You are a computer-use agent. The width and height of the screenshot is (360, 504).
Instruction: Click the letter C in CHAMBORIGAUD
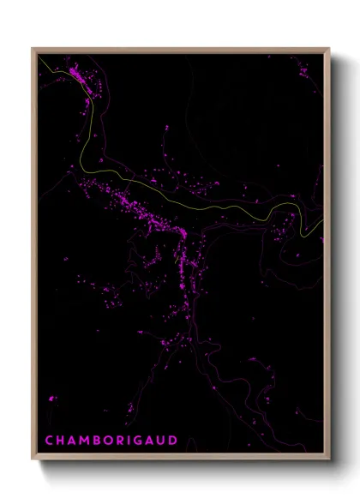[49, 441]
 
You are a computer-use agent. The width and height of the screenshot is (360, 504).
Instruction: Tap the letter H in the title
[61, 441]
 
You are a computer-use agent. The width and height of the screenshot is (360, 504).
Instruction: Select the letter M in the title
[86, 441]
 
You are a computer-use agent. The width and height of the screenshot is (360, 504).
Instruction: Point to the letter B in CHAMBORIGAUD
[99, 441]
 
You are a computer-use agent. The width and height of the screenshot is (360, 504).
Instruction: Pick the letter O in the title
[111, 441]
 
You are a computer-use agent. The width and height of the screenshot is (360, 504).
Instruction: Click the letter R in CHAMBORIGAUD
[123, 441]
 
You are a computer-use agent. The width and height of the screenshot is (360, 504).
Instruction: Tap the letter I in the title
[133, 441]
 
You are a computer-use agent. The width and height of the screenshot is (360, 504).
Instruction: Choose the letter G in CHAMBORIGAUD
[143, 441]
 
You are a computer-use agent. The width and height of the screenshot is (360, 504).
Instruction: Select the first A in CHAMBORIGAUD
[73, 441]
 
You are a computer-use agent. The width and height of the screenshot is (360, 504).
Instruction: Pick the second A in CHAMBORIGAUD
[155, 441]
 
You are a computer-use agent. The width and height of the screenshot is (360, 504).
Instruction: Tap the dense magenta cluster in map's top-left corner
[77, 75]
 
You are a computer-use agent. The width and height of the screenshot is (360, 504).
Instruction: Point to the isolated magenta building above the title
[52, 399]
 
